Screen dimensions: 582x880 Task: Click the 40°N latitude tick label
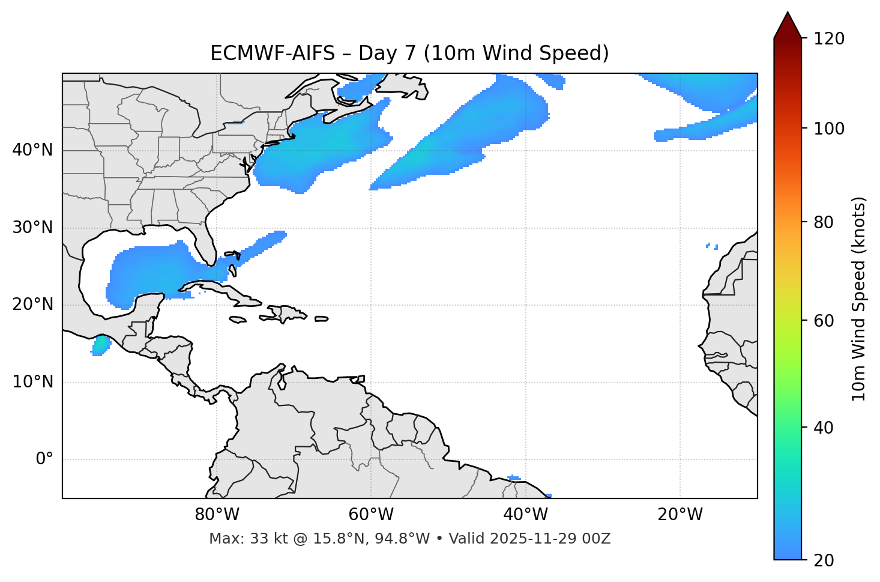pos(32,150)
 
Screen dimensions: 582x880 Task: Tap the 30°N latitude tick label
pos(32,228)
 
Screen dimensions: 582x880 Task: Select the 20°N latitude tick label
pos(32,305)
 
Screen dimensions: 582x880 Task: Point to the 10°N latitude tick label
pos(32,382)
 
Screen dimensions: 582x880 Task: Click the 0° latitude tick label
pos(44,459)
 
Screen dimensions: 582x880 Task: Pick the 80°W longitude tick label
pos(217,515)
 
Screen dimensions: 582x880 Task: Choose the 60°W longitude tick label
pos(371,515)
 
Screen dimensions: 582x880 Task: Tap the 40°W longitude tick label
pos(525,515)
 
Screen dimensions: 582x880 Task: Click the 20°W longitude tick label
pos(680,515)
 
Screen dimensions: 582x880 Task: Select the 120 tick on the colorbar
pos(829,39)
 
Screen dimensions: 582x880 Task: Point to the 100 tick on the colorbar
pos(829,129)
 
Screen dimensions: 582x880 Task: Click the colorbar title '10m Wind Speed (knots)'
pos(859,299)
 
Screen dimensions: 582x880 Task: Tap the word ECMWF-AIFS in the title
pos(273,53)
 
